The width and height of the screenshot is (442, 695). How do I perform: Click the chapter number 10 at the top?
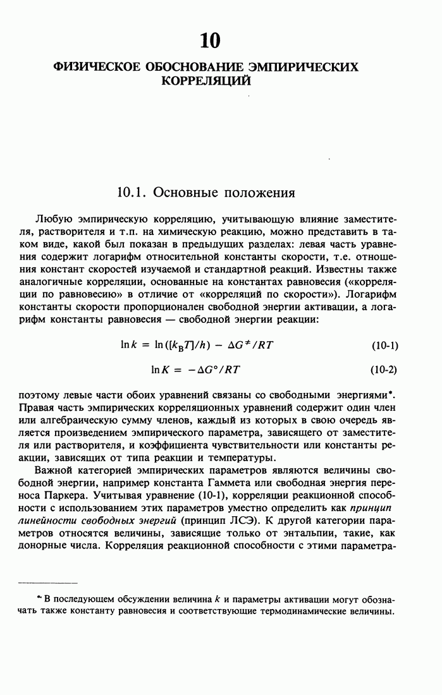pos(210,41)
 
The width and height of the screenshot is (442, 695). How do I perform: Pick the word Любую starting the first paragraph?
pos(54,220)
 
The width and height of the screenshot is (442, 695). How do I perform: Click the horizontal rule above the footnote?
pos(47,582)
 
